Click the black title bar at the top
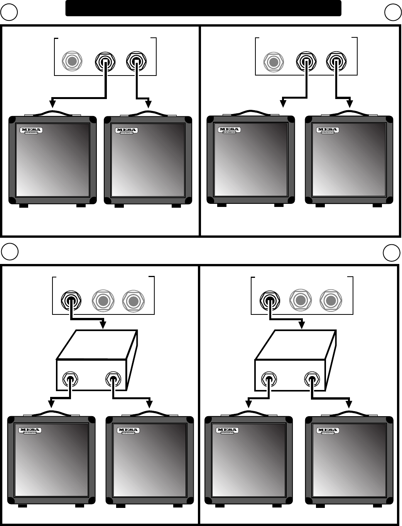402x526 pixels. click(203, 8)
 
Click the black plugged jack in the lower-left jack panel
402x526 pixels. click(71, 300)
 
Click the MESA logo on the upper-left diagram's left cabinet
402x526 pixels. click(31, 130)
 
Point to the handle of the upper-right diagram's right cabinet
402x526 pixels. click(349, 113)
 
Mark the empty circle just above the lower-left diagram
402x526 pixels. click(10, 251)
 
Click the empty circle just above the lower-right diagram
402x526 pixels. click(391, 253)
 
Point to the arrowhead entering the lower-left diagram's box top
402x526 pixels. click(103, 325)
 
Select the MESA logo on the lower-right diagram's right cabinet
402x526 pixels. click(328, 430)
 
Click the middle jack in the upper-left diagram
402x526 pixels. click(105, 61)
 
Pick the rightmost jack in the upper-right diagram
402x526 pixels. click(336, 61)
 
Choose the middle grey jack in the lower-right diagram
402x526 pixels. click(300, 300)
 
